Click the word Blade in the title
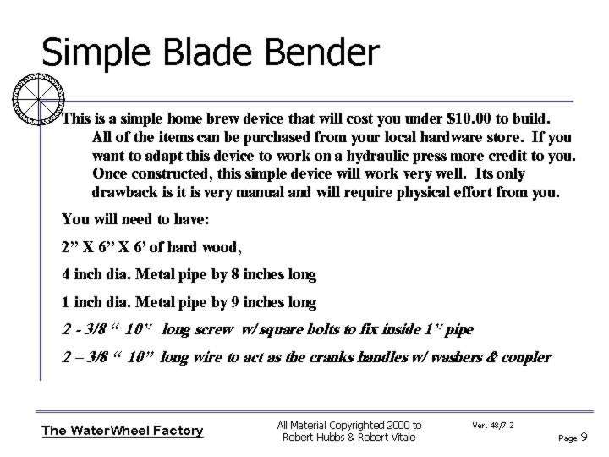pyautogui.click(x=208, y=52)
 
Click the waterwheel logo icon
pyautogui.click(x=38, y=99)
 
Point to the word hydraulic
pyautogui.click(x=376, y=156)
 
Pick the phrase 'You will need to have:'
pyautogui.click(x=135, y=219)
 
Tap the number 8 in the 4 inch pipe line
pyautogui.click(x=235, y=274)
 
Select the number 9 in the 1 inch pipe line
pyautogui.click(x=235, y=302)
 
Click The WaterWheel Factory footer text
pyautogui.click(x=123, y=431)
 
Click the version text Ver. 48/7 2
pyautogui.click(x=493, y=426)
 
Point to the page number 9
pyautogui.click(x=584, y=438)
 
